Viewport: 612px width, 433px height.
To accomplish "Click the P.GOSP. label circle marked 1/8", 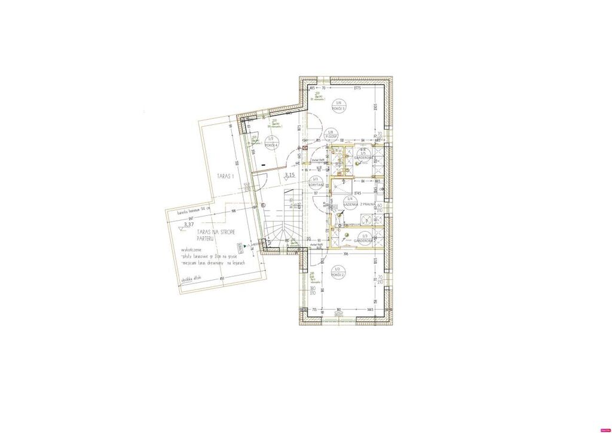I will [331, 136].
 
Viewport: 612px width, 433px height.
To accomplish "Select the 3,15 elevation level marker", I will [290, 175].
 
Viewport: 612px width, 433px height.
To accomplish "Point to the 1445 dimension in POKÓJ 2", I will [370, 309].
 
